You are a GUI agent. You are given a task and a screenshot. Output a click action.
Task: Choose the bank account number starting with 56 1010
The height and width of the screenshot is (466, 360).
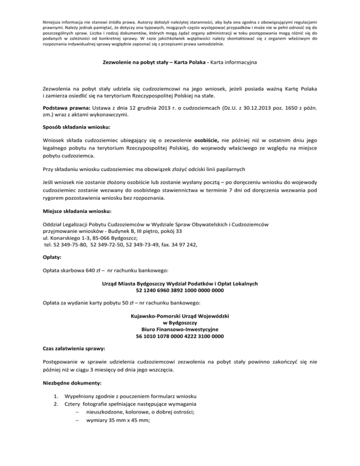point(180,336)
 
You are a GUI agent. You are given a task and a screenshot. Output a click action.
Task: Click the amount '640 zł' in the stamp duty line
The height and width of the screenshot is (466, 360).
point(91,271)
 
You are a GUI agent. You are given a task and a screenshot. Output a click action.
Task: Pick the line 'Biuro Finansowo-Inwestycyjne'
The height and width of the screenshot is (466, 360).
point(180,329)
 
